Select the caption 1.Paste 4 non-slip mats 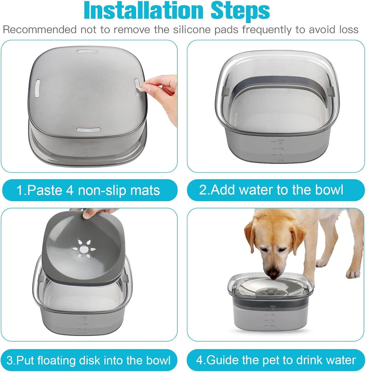(89, 190)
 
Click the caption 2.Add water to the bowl (271, 190)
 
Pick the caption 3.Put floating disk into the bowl (89, 360)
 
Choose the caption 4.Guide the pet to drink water (276, 360)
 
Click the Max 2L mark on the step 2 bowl (281, 141)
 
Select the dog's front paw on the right (352, 274)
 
